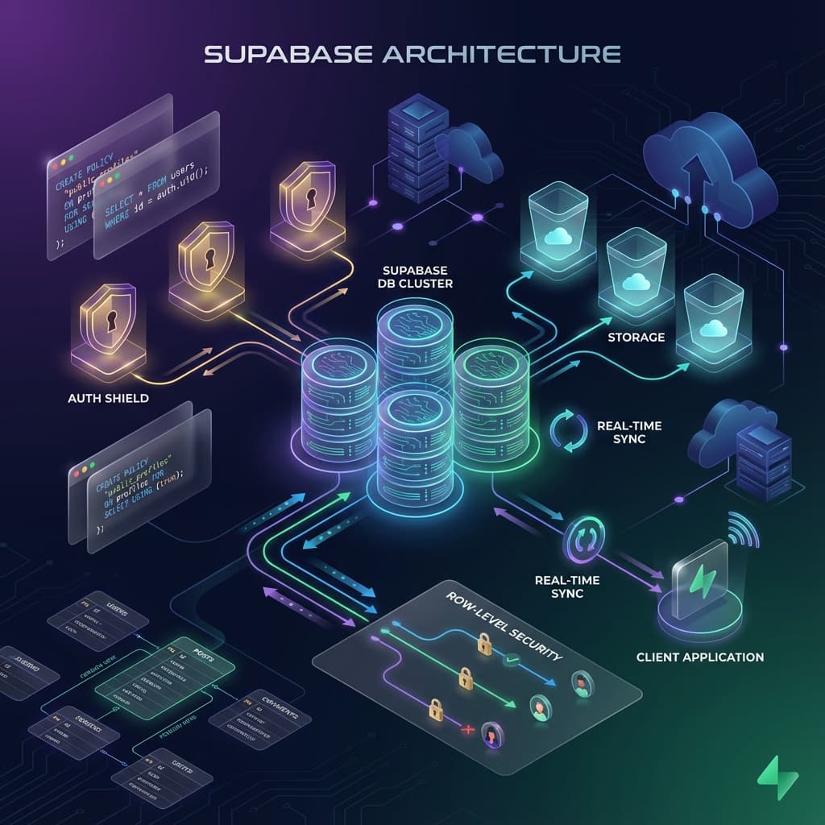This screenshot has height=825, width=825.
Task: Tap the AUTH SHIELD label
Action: (x=108, y=397)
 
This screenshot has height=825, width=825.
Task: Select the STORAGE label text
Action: (x=636, y=337)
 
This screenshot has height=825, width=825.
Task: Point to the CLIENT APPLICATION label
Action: (x=699, y=657)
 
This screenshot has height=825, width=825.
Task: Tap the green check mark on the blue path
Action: (x=511, y=661)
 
